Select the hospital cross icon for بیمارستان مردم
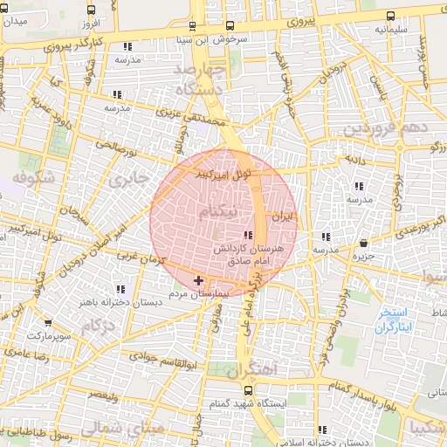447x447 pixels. pos(199,280)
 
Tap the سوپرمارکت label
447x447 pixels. pos(45,334)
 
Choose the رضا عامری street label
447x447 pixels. pos(27,351)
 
